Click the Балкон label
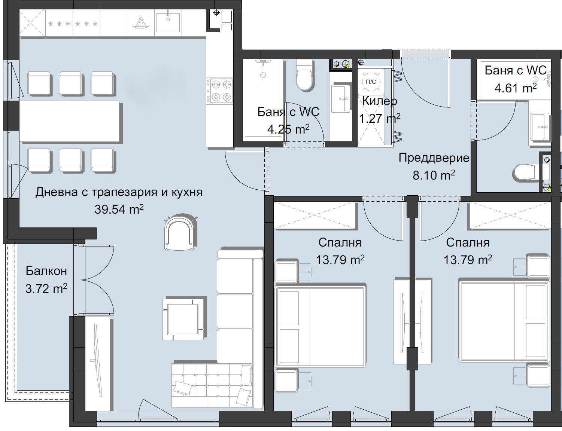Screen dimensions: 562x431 click(46, 271)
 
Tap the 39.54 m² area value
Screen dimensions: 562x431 click(119, 209)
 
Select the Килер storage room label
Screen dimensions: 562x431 click(380, 101)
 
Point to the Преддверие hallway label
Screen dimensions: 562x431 click(434, 158)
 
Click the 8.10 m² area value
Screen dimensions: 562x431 click(434, 175)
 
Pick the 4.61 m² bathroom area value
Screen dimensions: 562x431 click(516, 88)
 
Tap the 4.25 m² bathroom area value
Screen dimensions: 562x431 click(288, 129)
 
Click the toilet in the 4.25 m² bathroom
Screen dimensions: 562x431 click(305, 75)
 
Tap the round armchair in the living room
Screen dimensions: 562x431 click(180, 232)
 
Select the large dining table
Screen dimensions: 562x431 click(69, 122)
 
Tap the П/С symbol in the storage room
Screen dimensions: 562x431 click(371, 82)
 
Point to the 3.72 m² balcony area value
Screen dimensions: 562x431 click(46, 288)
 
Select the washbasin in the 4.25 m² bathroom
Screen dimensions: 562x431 click(341, 98)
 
